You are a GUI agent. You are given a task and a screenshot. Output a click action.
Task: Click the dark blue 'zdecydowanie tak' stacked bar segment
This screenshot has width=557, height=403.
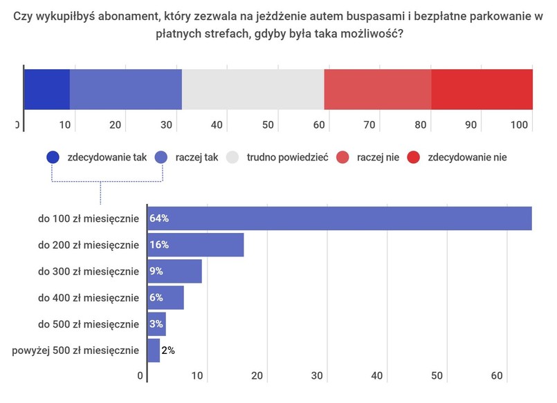[47, 89]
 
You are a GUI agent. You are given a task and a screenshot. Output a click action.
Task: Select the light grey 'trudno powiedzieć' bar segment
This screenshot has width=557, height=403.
[253, 89]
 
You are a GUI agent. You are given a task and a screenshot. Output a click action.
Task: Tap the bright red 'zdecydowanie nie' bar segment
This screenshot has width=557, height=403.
[482, 89]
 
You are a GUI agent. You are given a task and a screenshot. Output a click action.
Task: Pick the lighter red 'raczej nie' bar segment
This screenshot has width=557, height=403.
[377, 89]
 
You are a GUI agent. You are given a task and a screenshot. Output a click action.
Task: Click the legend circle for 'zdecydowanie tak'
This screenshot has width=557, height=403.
[53, 157]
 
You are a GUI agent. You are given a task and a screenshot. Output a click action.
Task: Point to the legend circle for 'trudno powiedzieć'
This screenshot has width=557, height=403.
[232, 157]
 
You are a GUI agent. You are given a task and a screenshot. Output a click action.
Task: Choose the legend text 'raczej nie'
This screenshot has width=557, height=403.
[378, 158]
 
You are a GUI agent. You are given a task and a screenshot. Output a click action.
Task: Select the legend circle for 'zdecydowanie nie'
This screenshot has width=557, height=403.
[414, 157]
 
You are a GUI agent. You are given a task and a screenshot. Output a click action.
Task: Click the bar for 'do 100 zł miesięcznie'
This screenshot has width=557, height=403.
[339, 218]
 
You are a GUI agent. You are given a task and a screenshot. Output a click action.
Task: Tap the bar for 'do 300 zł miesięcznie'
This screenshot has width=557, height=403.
[174, 272]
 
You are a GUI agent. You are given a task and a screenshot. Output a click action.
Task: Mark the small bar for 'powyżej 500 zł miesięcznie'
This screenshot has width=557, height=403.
[153, 350]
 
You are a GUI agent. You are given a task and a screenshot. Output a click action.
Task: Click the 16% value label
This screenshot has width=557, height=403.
[159, 245]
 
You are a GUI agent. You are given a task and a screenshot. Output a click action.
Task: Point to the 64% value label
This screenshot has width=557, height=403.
[159, 219]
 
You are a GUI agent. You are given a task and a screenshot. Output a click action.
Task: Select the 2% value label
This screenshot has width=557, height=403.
[167, 350]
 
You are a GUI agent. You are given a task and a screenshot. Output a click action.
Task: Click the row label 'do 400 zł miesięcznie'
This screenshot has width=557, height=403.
[89, 298]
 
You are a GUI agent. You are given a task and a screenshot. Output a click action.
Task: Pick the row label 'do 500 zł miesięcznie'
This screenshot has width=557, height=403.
[89, 324]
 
